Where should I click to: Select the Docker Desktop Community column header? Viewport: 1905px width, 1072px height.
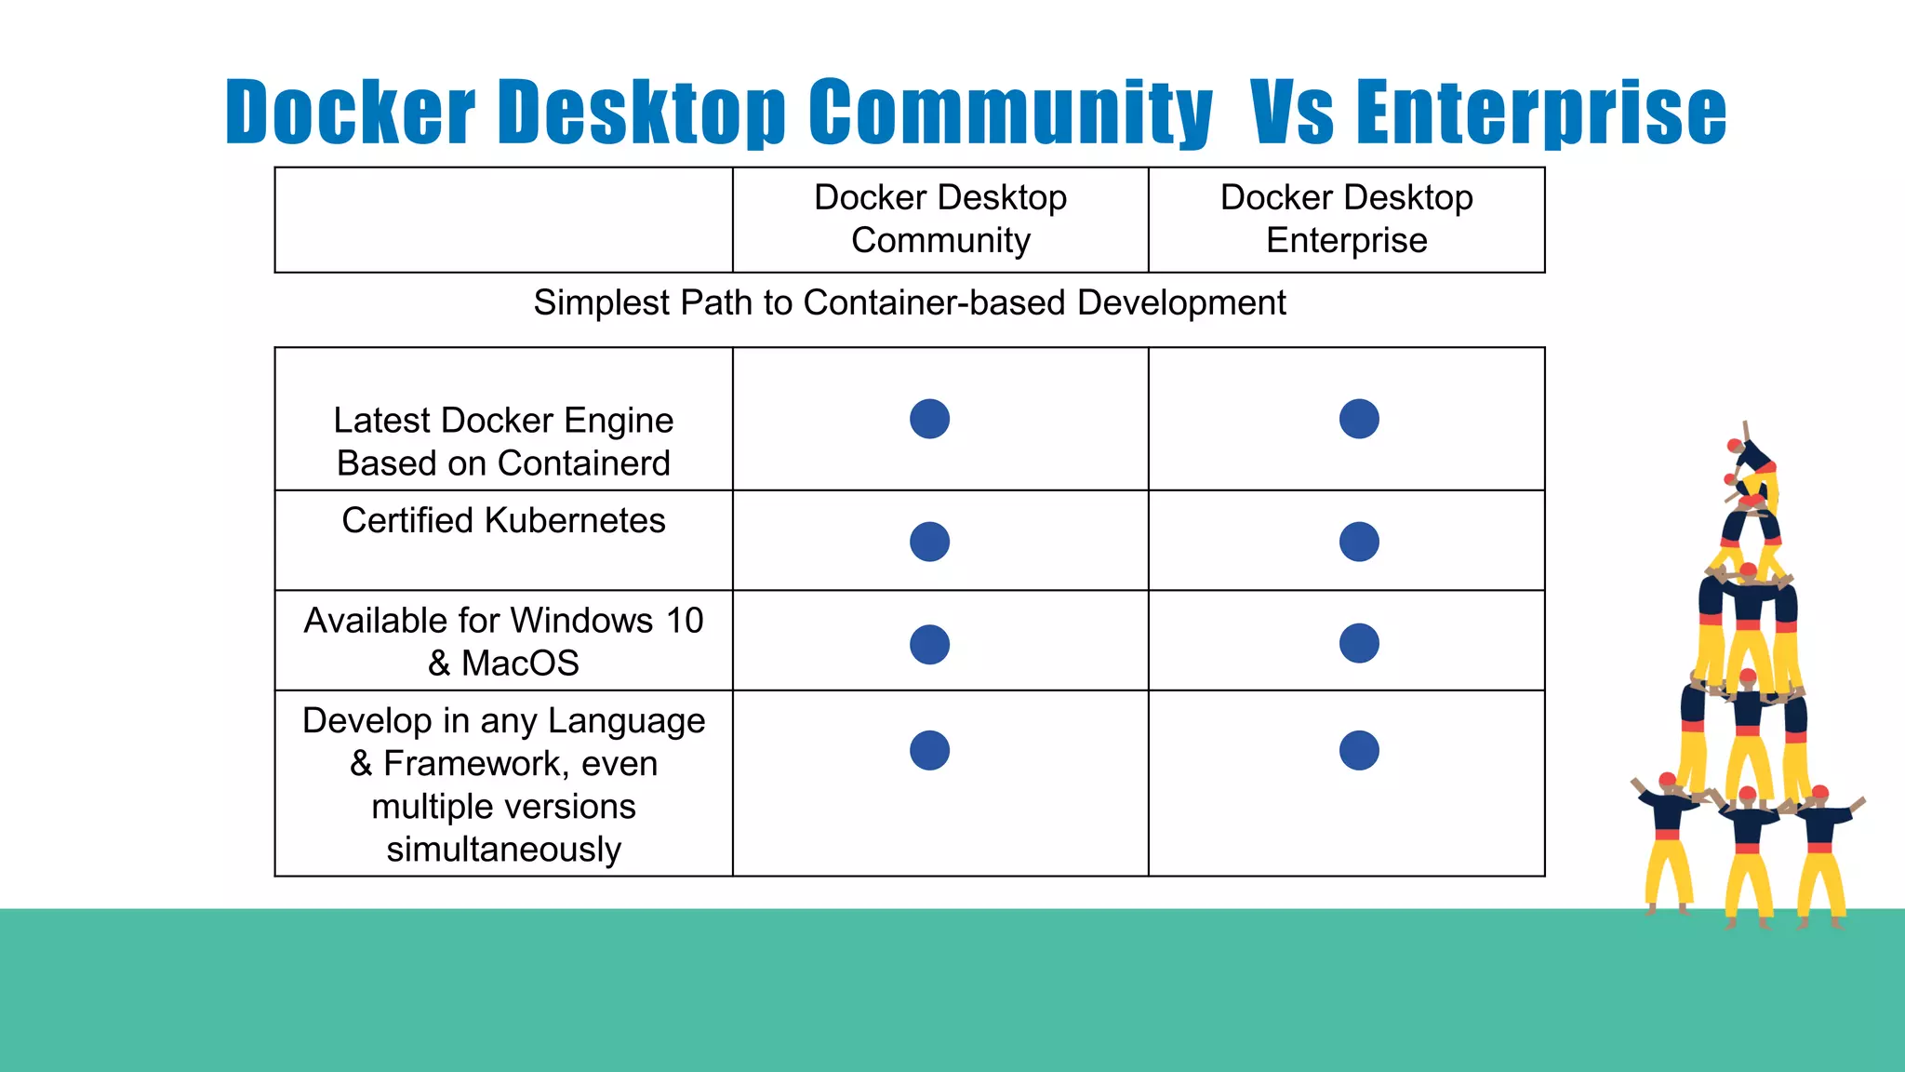click(x=940, y=219)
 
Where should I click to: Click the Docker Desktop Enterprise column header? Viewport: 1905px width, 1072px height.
click(x=1346, y=219)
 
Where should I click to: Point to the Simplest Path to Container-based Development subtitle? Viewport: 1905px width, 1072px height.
click(x=909, y=303)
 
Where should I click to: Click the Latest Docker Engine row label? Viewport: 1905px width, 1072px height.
click(x=503, y=441)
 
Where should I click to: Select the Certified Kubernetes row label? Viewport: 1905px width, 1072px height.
click(x=503, y=520)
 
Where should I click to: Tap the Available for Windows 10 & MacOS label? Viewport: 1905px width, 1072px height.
click(x=503, y=641)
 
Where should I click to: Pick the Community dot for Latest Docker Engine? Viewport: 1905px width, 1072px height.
click(x=929, y=419)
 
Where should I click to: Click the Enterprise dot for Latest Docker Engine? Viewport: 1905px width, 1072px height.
click(x=1359, y=419)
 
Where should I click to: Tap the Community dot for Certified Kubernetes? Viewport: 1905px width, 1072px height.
click(x=929, y=542)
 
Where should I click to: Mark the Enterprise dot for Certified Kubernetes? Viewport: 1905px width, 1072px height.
click(x=1359, y=542)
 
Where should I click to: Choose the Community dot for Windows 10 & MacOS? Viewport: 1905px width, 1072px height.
click(x=929, y=644)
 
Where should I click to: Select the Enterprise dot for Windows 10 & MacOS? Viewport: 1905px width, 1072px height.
click(x=1359, y=643)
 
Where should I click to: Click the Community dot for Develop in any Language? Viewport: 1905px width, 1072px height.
click(x=929, y=750)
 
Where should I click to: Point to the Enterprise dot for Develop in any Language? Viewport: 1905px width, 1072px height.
click(x=1359, y=750)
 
